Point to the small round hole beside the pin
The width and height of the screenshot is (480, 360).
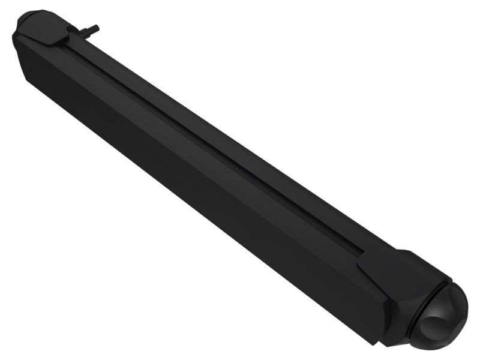click(x=72, y=29)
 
